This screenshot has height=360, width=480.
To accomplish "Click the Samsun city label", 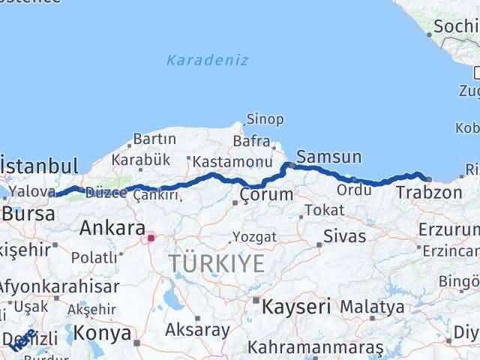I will tap(329, 157).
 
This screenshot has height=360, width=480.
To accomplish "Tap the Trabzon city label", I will tap(428, 193).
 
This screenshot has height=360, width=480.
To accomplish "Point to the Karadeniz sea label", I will tap(208, 60).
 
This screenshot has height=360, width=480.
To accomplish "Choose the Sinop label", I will tap(266, 119).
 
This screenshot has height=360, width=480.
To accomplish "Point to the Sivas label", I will tap(344, 236).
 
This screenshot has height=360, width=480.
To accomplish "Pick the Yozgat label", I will tap(254, 237).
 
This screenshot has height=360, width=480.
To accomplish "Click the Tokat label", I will tap(325, 210).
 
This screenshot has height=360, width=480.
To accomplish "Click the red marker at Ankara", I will tap(151, 238).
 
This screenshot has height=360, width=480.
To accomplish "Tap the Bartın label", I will tap(154, 139).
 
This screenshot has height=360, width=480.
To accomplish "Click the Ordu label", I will tap(354, 190).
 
